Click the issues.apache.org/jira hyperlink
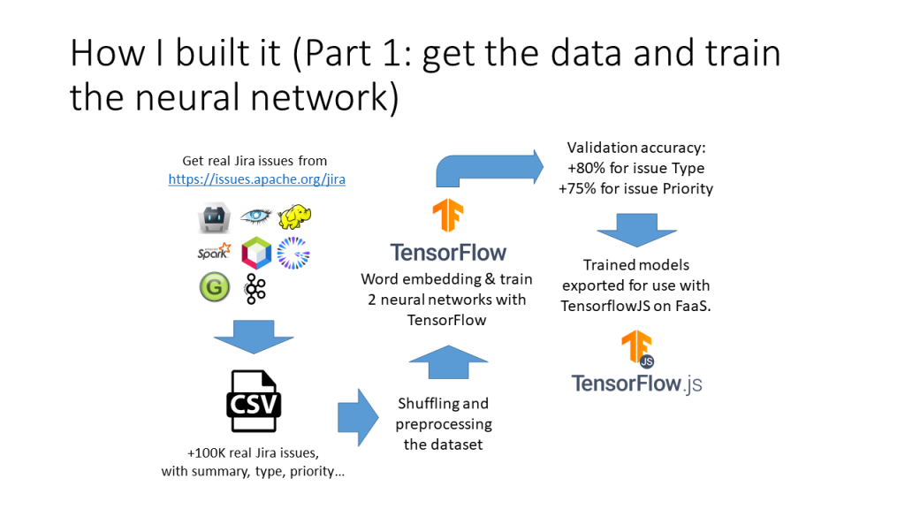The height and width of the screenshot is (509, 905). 256,179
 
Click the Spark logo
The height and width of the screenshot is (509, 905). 214,252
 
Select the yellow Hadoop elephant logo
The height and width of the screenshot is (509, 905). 295,217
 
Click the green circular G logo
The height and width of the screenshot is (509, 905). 214,287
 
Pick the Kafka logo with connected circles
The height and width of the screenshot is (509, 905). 255,288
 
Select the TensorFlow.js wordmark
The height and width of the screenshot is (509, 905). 636,384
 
